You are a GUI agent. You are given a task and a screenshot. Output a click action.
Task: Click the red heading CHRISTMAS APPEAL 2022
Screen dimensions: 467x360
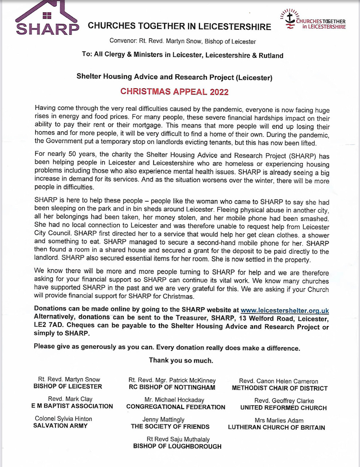tap(174, 91)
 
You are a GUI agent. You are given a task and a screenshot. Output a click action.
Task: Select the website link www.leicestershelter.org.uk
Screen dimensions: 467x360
tap(284, 311)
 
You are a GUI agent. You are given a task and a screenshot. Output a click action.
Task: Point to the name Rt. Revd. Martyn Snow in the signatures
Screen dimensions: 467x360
tap(69, 379)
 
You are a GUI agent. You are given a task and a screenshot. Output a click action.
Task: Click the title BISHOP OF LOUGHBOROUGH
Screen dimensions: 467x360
tap(177, 446)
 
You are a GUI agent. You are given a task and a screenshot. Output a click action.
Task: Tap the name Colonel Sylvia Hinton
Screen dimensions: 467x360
tap(63, 418)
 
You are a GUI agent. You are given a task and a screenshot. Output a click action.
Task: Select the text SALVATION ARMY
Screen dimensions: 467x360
tap(61, 425)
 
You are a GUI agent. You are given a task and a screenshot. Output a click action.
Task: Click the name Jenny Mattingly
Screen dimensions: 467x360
tap(163, 420)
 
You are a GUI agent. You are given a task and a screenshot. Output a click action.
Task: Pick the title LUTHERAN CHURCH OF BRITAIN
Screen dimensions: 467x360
tap(276, 427)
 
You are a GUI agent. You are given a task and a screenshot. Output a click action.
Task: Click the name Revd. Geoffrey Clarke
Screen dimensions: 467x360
tap(284, 401)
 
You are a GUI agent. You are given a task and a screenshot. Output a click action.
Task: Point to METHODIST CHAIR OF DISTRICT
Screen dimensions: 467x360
tap(280, 388)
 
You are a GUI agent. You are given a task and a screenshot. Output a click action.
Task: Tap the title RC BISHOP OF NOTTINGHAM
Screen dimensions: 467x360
tap(172, 387)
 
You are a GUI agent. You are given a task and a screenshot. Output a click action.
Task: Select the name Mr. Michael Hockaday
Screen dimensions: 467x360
tap(174, 400)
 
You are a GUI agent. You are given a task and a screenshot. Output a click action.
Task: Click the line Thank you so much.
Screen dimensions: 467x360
tap(181, 360)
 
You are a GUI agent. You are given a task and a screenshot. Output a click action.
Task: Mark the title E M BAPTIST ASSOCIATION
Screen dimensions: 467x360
tap(72, 406)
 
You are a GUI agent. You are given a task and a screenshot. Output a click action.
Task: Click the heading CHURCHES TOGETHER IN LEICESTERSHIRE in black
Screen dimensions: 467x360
tap(179, 26)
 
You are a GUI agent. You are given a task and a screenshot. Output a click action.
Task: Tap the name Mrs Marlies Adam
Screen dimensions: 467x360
tap(279, 420)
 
